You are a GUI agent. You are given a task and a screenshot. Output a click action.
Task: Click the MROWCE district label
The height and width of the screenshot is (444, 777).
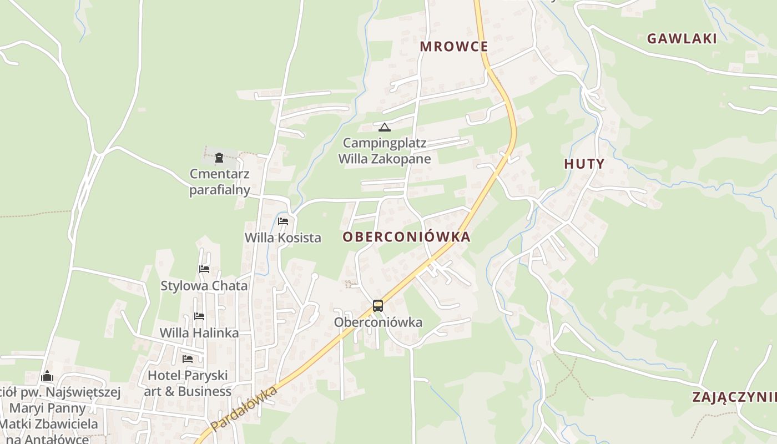click(x=453, y=47)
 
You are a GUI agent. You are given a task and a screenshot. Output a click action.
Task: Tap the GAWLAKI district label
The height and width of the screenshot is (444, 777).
click(x=682, y=39)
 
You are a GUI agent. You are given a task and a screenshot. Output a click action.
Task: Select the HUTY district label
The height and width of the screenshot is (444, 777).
click(x=584, y=164)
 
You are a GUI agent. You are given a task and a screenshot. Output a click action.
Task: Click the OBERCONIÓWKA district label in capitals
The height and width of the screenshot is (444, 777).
click(x=406, y=237)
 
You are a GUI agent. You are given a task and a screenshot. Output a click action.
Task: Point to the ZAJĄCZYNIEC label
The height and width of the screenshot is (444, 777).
click(x=734, y=397)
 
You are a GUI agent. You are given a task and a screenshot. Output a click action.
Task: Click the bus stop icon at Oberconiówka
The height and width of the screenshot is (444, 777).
click(x=378, y=305)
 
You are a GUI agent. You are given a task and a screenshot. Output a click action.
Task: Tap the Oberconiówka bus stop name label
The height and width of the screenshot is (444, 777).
click(x=378, y=322)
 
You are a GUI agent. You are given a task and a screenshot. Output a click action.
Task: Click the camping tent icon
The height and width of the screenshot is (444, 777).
click(x=385, y=127)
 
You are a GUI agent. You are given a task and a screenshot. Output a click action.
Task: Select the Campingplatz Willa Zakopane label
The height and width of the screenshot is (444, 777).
click(x=385, y=151)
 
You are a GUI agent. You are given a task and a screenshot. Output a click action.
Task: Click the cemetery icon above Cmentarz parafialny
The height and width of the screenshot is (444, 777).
click(x=219, y=157)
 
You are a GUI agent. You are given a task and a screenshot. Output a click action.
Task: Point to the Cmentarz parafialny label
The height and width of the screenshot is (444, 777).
click(x=219, y=182)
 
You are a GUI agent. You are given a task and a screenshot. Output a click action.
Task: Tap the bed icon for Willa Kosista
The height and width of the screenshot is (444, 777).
click(x=283, y=221)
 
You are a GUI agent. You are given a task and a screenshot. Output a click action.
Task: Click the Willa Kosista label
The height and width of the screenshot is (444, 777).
click(x=283, y=238)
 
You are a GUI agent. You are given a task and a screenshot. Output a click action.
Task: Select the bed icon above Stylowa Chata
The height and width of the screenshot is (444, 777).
click(x=204, y=269)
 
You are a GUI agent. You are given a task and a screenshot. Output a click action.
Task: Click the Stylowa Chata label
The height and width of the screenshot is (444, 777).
click(x=204, y=286)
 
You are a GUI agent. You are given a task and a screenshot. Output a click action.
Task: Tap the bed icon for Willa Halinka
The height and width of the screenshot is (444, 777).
click(x=199, y=316)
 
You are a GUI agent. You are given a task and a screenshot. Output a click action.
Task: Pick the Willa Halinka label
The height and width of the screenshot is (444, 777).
click(x=199, y=333)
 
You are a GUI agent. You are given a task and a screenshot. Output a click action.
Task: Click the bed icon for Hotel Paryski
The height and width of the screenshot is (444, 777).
click(x=188, y=359)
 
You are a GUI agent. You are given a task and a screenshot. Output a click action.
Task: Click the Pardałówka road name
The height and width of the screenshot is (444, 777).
click(x=244, y=408)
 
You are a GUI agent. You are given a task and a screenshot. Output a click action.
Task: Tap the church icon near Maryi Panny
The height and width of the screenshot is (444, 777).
click(x=47, y=376)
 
